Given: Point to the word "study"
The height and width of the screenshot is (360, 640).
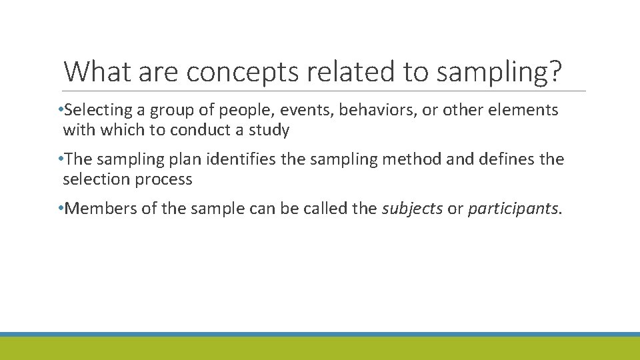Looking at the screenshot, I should click(269, 130).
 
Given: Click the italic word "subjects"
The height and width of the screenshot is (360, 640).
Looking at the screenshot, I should click(412, 209).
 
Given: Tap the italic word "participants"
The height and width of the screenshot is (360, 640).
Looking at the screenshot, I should click(513, 209).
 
